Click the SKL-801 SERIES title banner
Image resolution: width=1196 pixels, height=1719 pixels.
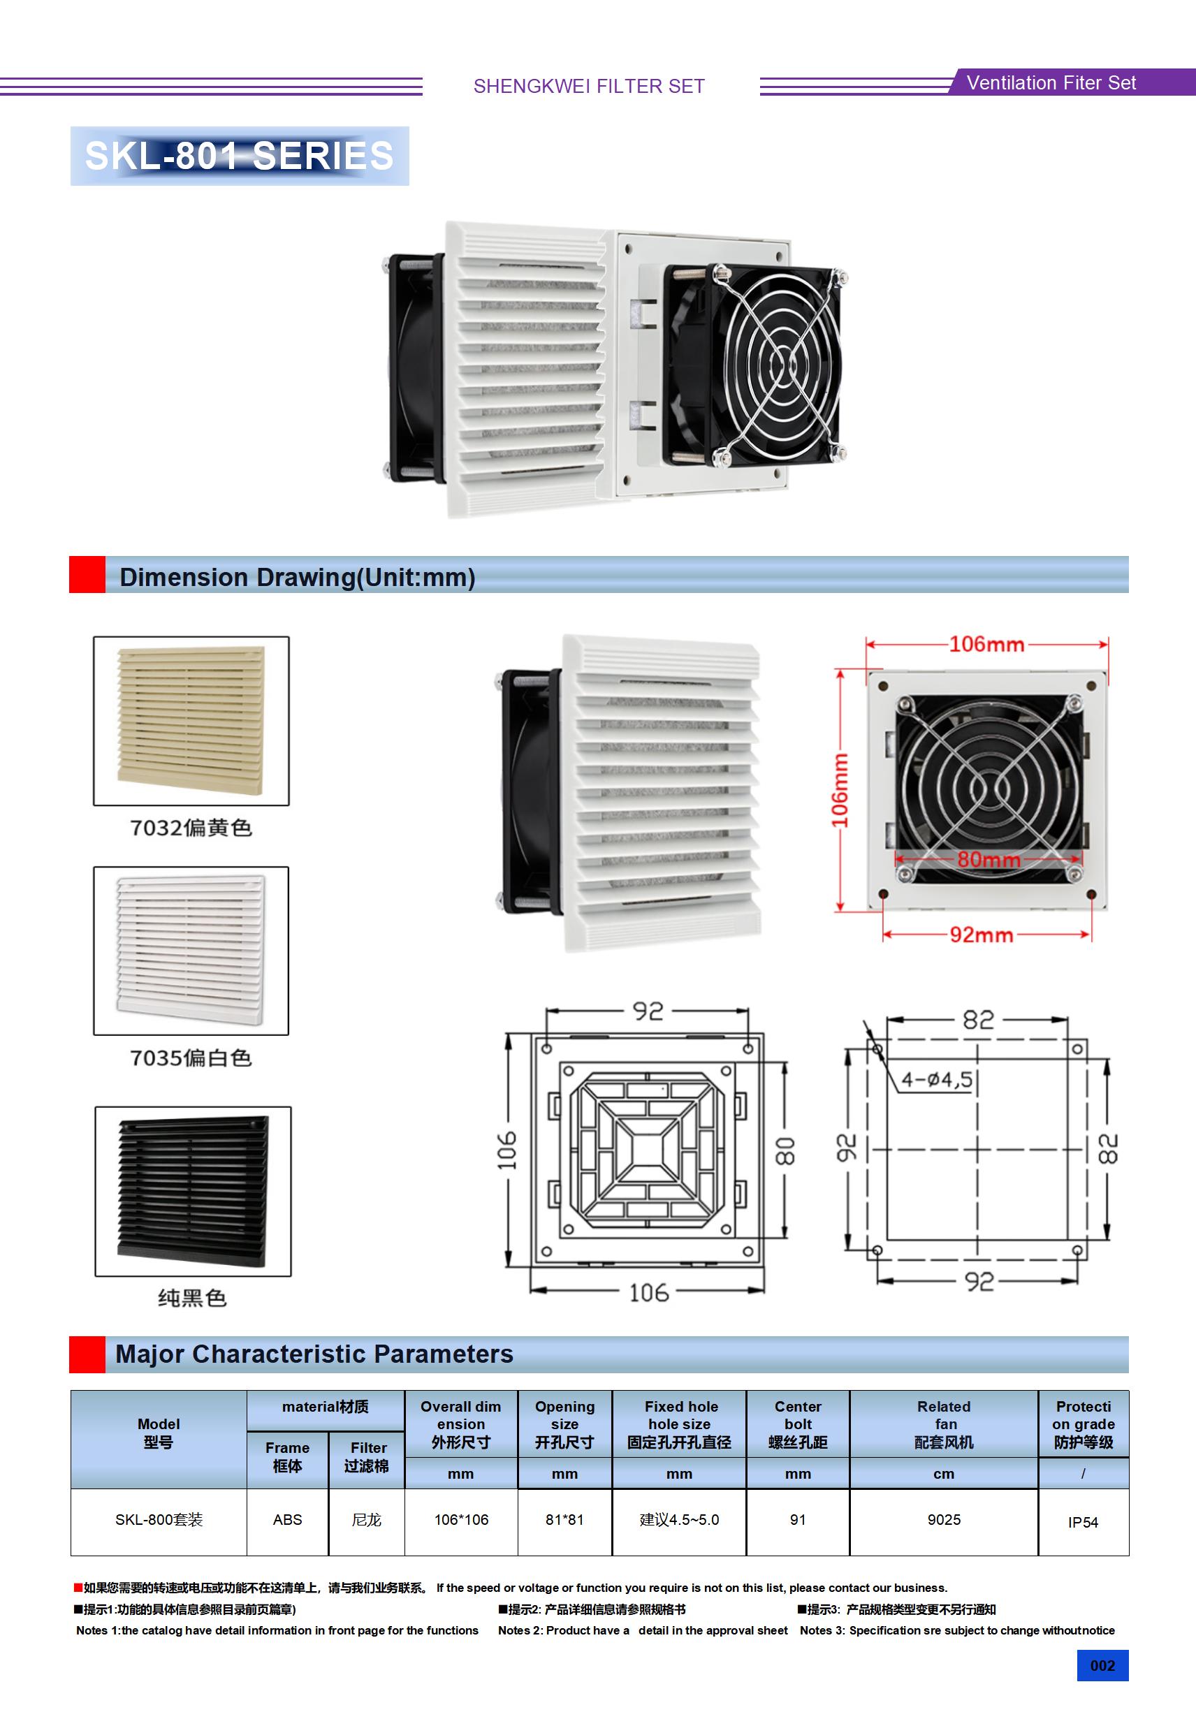(240, 156)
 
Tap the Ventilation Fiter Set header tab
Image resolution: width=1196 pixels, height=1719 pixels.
(1051, 82)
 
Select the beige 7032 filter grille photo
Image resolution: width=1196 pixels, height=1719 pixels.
(191, 720)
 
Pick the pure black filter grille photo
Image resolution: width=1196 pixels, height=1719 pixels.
(193, 1190)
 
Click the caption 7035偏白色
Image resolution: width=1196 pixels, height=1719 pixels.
(191, 1058)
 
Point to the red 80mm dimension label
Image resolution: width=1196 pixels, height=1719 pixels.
(989, 859)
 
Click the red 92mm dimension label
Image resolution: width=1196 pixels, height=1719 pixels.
(981, 935)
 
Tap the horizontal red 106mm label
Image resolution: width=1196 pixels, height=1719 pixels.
(986, 644)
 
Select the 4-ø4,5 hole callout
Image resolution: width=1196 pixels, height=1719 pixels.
(936, 1079)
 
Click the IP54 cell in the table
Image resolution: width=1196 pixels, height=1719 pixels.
(1083, 1522)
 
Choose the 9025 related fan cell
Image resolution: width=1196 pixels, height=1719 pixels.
(944, 1520)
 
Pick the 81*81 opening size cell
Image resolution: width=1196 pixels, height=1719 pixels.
(564, 1520)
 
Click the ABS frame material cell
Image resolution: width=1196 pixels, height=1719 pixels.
(288, 1520)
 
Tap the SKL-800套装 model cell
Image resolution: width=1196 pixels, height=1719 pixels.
(159, 1520)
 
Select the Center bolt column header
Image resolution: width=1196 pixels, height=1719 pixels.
(798, 1424)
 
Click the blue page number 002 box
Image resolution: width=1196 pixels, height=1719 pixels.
(1102, 1666)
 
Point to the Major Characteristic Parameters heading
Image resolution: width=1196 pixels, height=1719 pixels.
(314, 1354)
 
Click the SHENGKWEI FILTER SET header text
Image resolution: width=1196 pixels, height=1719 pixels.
(590, 86)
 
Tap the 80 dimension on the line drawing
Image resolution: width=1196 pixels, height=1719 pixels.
(785, 1150)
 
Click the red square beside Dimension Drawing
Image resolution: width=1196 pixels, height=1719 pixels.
(87, 575)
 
